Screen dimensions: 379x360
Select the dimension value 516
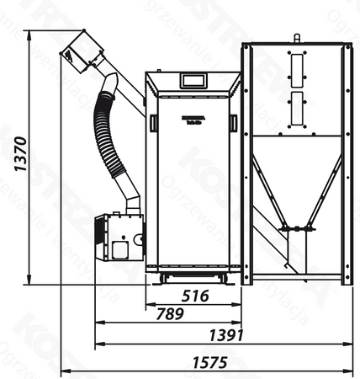point(195,296)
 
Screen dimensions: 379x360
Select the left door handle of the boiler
point(152,123)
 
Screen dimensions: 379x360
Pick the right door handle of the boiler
point(233,123)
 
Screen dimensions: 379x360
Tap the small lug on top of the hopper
point(296,38)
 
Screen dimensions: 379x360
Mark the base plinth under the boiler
point(193,275)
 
